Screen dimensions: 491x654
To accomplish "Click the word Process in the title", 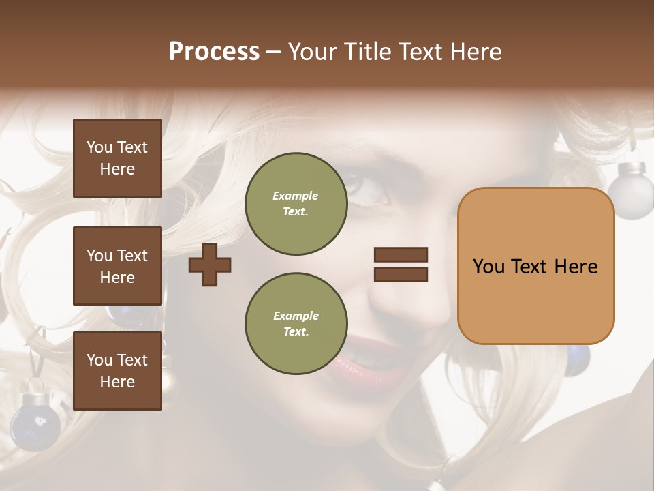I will (x=214, y=52).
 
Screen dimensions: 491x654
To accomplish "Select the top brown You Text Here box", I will (x=117, y=158).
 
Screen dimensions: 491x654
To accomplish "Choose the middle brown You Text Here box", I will (x=117, y=266).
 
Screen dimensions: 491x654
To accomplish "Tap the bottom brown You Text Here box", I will (x=117, y=370).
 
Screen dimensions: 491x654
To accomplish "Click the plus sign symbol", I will (x=210, y=265).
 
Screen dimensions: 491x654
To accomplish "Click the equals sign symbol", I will (x=401, y=265).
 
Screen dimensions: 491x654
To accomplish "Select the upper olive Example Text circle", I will (x=296, y=203).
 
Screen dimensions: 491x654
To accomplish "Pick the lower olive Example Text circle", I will (x=296, y=323).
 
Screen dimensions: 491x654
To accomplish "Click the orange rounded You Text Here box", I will (x=535, y=266).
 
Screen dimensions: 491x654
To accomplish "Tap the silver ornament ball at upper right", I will (x=630, y=190).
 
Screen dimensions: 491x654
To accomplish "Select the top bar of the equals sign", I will (x=401, y=254).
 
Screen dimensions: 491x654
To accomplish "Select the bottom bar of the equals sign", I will (x=401, y=274).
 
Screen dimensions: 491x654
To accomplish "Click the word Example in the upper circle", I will (x=296, y=196).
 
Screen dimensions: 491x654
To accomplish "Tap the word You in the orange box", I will (x=488, y=266).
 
